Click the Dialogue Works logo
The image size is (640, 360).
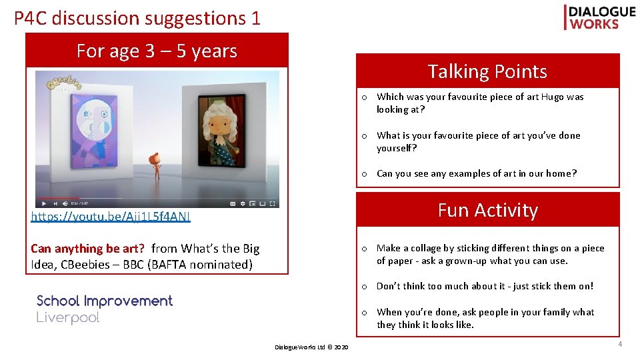[x=599, y=17]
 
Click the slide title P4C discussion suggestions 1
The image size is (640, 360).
[x=137, y=18]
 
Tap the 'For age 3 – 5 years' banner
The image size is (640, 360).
[x=157, y=51]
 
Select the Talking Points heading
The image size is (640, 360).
[x=487, y=71]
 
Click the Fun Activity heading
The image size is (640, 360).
[x=487, y=210]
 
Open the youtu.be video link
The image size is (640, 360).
[x=111, y=216]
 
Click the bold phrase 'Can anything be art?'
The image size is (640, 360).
[x=87, y=249]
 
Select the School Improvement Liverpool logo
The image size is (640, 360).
[x=104, y=309]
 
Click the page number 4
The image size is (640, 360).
[x=619, y=344]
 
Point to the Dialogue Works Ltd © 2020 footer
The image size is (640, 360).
[x=311, y=347]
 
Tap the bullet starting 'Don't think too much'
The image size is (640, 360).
[x=484, y=286]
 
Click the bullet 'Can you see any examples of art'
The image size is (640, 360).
[x=476, y=173]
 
